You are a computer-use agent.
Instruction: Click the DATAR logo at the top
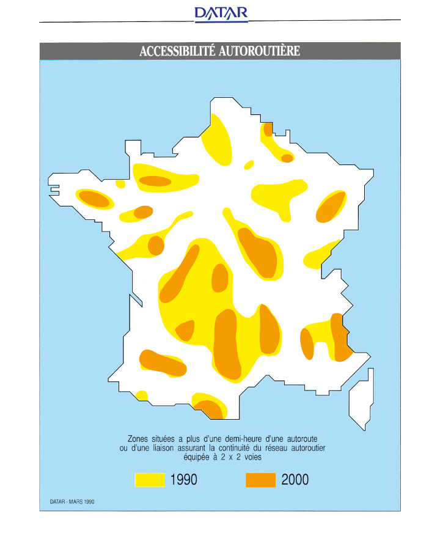[x=221, y=13]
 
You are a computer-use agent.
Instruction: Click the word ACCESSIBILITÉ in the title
[x=177, y=51]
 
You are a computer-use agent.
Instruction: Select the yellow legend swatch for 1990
[x=150, y=480]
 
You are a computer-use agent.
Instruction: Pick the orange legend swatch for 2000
[x=261, y=480]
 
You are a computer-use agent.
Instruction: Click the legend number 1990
[x=184, y=480]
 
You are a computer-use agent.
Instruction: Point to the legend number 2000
[x=295, y=480]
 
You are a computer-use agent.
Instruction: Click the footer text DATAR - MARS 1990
[x=71, y=502]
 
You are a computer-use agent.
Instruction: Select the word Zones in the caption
[x=139, y=439]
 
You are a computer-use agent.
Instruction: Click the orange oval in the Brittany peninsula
[x=94, y=199]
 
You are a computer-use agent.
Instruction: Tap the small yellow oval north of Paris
[x=249, y=164]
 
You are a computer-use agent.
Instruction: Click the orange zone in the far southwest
[x=162, y=363]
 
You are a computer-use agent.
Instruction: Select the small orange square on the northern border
[x=268, y=130]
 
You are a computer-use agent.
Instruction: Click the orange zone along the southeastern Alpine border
[x=340, y=337]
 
